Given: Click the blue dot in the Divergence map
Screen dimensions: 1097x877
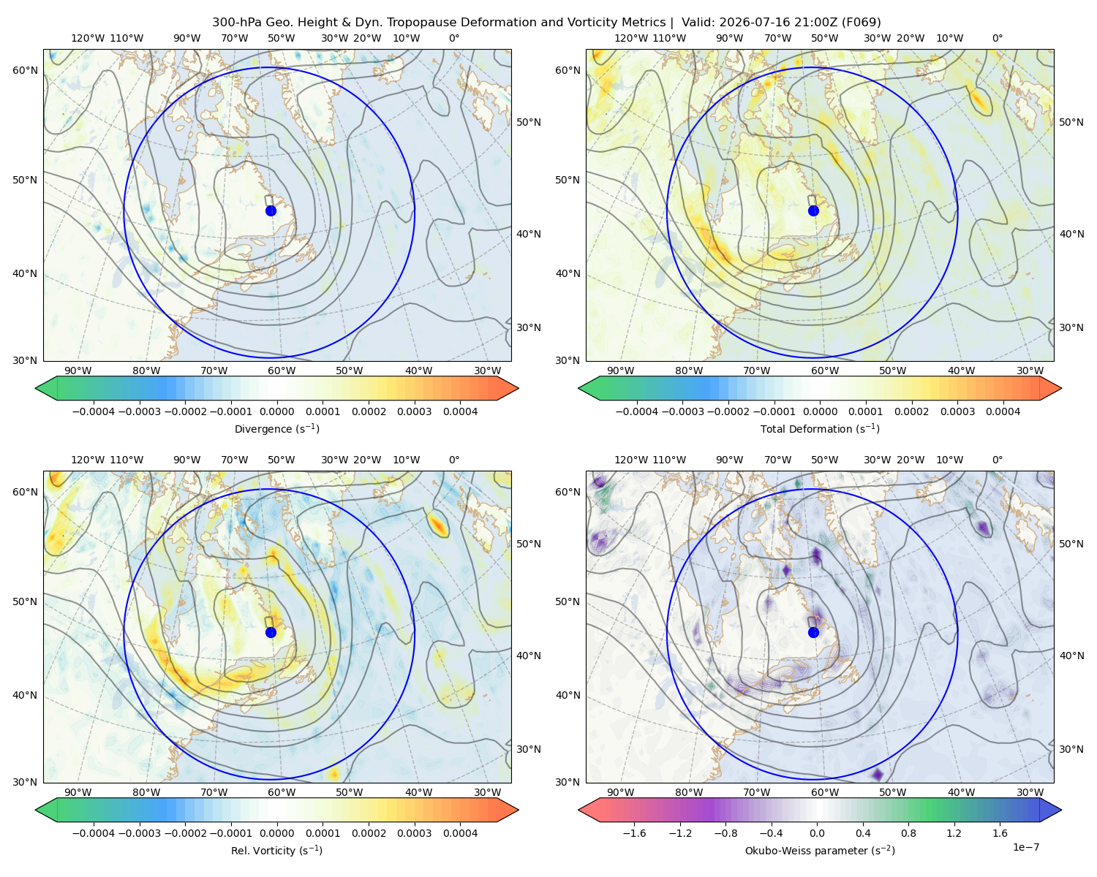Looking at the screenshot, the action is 271,210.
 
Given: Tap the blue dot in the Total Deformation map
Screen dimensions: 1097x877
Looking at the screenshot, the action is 813,210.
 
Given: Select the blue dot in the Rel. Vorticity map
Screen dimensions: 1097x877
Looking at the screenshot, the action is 271,632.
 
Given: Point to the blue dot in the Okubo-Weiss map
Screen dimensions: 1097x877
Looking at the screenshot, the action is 813,632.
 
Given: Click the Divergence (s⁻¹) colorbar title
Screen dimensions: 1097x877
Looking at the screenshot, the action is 276,428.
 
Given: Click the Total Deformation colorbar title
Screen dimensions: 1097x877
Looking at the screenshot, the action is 820,428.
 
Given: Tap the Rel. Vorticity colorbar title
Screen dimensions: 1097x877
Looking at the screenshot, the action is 276,850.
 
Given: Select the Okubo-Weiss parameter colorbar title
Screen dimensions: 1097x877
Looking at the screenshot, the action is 820,850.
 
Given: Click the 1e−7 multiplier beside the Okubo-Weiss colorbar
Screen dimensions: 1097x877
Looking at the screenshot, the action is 1025,847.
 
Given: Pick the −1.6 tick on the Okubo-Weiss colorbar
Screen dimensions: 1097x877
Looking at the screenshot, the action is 634,832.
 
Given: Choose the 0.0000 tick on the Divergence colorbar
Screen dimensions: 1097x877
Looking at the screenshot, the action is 276,411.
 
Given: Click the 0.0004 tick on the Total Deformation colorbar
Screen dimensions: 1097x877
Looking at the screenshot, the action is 1003,411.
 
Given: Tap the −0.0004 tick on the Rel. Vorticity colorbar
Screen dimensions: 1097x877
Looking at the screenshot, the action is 94,832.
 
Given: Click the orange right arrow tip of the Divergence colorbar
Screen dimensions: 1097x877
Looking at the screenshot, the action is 519,388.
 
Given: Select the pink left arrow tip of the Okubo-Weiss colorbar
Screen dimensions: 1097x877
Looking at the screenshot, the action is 578,810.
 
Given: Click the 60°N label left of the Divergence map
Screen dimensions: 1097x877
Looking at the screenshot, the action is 25,70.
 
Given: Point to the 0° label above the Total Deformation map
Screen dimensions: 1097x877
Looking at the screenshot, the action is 997,38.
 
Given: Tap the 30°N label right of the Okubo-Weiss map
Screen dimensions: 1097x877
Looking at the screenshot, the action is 1071,748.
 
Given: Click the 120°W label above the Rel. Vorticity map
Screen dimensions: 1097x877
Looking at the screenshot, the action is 88,459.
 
